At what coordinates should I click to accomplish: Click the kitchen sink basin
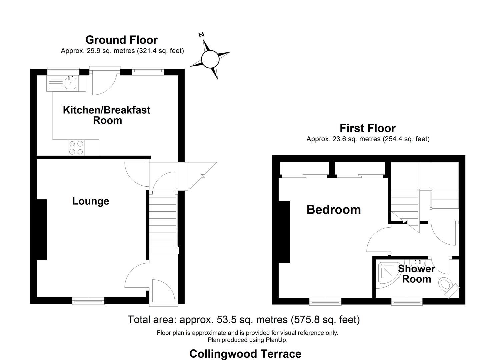click(x=70, y=83)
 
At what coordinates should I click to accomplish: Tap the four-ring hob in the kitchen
click(x=76, y=148)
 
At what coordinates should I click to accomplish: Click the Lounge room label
click(x=91, y=201)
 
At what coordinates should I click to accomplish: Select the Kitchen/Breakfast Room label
click(x=107, y=115)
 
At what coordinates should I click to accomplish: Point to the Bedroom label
click(x=333, y=210)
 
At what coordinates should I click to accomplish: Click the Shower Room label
click(x=416, y=274)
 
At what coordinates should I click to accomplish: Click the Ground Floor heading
click(x=121, y=40)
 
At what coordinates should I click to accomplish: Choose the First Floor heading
click(x=367, y=128)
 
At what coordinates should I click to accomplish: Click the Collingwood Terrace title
click(x=245, y=354)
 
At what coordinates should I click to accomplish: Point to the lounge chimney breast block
click(x=41, y=229)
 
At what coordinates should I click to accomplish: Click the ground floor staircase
click(x=162, y=222)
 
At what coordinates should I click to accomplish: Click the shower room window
click(x=407, y=302)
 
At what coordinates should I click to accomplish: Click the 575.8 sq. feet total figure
click(x=325, y=320)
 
